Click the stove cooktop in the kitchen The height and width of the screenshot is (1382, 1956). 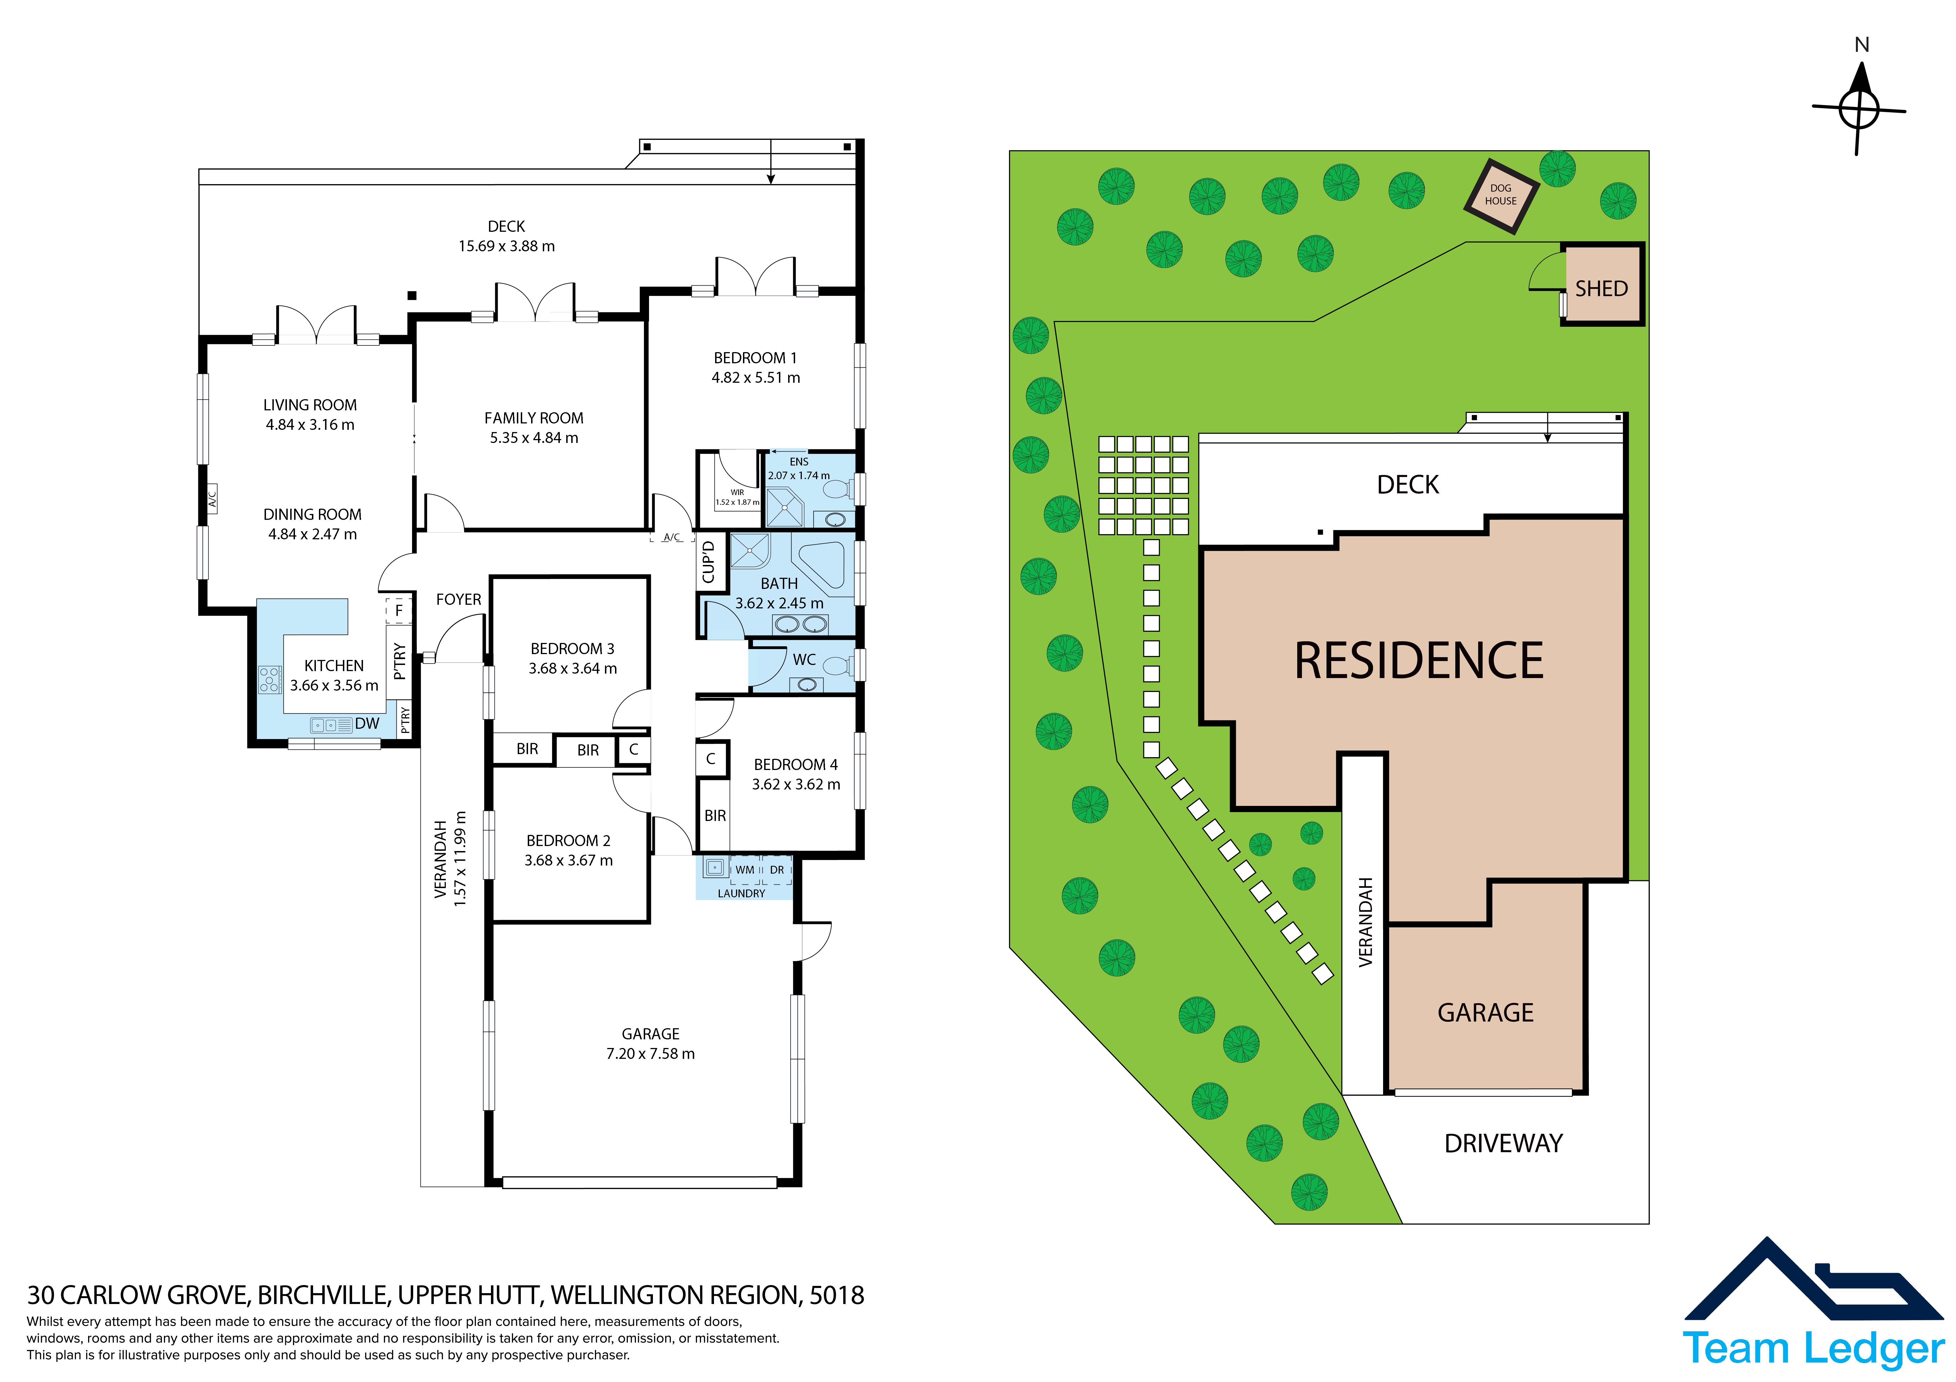click(270, 679)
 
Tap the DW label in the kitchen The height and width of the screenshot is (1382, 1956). click(367, 724)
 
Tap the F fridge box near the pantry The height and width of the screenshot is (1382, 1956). click(399, 611)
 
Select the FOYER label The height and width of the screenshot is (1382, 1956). click(458, 599)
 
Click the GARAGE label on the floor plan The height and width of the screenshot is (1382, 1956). click(651, 1034)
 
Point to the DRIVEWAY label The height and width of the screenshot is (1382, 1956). click(1504, 1144)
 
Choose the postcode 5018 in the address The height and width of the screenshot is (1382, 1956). click(837, 1295)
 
